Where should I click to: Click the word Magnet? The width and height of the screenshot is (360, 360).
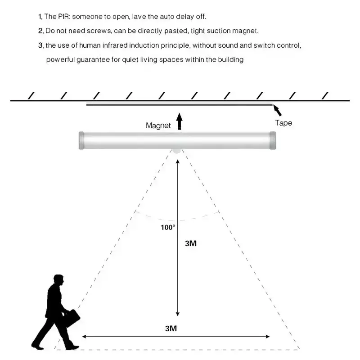point(158,126)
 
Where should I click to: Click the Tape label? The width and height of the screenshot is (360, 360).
point(283,123)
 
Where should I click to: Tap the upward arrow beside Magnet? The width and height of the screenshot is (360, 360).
point(180,121)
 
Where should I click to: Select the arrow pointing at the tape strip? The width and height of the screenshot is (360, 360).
point(277,110)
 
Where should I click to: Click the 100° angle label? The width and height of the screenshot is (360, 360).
point(168,227)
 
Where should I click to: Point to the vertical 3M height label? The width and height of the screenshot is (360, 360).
point(191,243)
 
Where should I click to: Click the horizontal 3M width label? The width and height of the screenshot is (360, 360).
point(171,328)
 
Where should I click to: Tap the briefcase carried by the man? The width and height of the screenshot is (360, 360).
point(72,318)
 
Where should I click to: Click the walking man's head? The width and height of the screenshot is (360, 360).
point(58,280)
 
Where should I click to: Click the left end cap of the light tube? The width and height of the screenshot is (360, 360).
point(81,140)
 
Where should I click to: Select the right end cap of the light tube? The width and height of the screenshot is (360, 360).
point(273,140)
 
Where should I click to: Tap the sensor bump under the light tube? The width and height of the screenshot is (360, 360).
point(177,151)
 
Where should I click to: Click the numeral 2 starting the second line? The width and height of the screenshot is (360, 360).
point(40,31)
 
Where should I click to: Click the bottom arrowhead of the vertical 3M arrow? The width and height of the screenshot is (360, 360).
point(177,314)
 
